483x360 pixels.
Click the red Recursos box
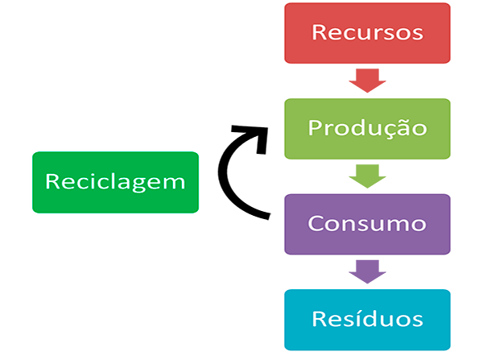366,33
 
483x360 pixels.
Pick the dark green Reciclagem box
115,182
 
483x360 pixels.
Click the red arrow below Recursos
367,80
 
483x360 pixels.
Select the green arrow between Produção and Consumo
367,175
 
